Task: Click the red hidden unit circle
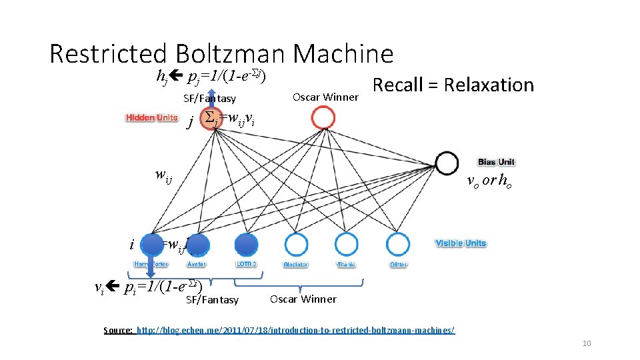click(323, 118)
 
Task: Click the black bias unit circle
click(446, 162)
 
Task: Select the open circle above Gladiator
click(295, 244)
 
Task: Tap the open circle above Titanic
click(346, 244)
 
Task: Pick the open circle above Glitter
click(398, 244)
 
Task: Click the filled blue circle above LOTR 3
click(246, 244)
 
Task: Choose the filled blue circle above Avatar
click(197, 244)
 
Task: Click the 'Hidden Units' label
click(152, 118)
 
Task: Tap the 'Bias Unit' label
click(496, 162)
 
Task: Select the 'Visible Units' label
click(461, 243)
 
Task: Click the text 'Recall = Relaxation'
click(453, 85)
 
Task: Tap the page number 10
click(587, 343)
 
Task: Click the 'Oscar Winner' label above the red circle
click(325, 97)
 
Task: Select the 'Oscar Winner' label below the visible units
click(303, 299)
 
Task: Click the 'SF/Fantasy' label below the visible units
click(212, 300)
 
